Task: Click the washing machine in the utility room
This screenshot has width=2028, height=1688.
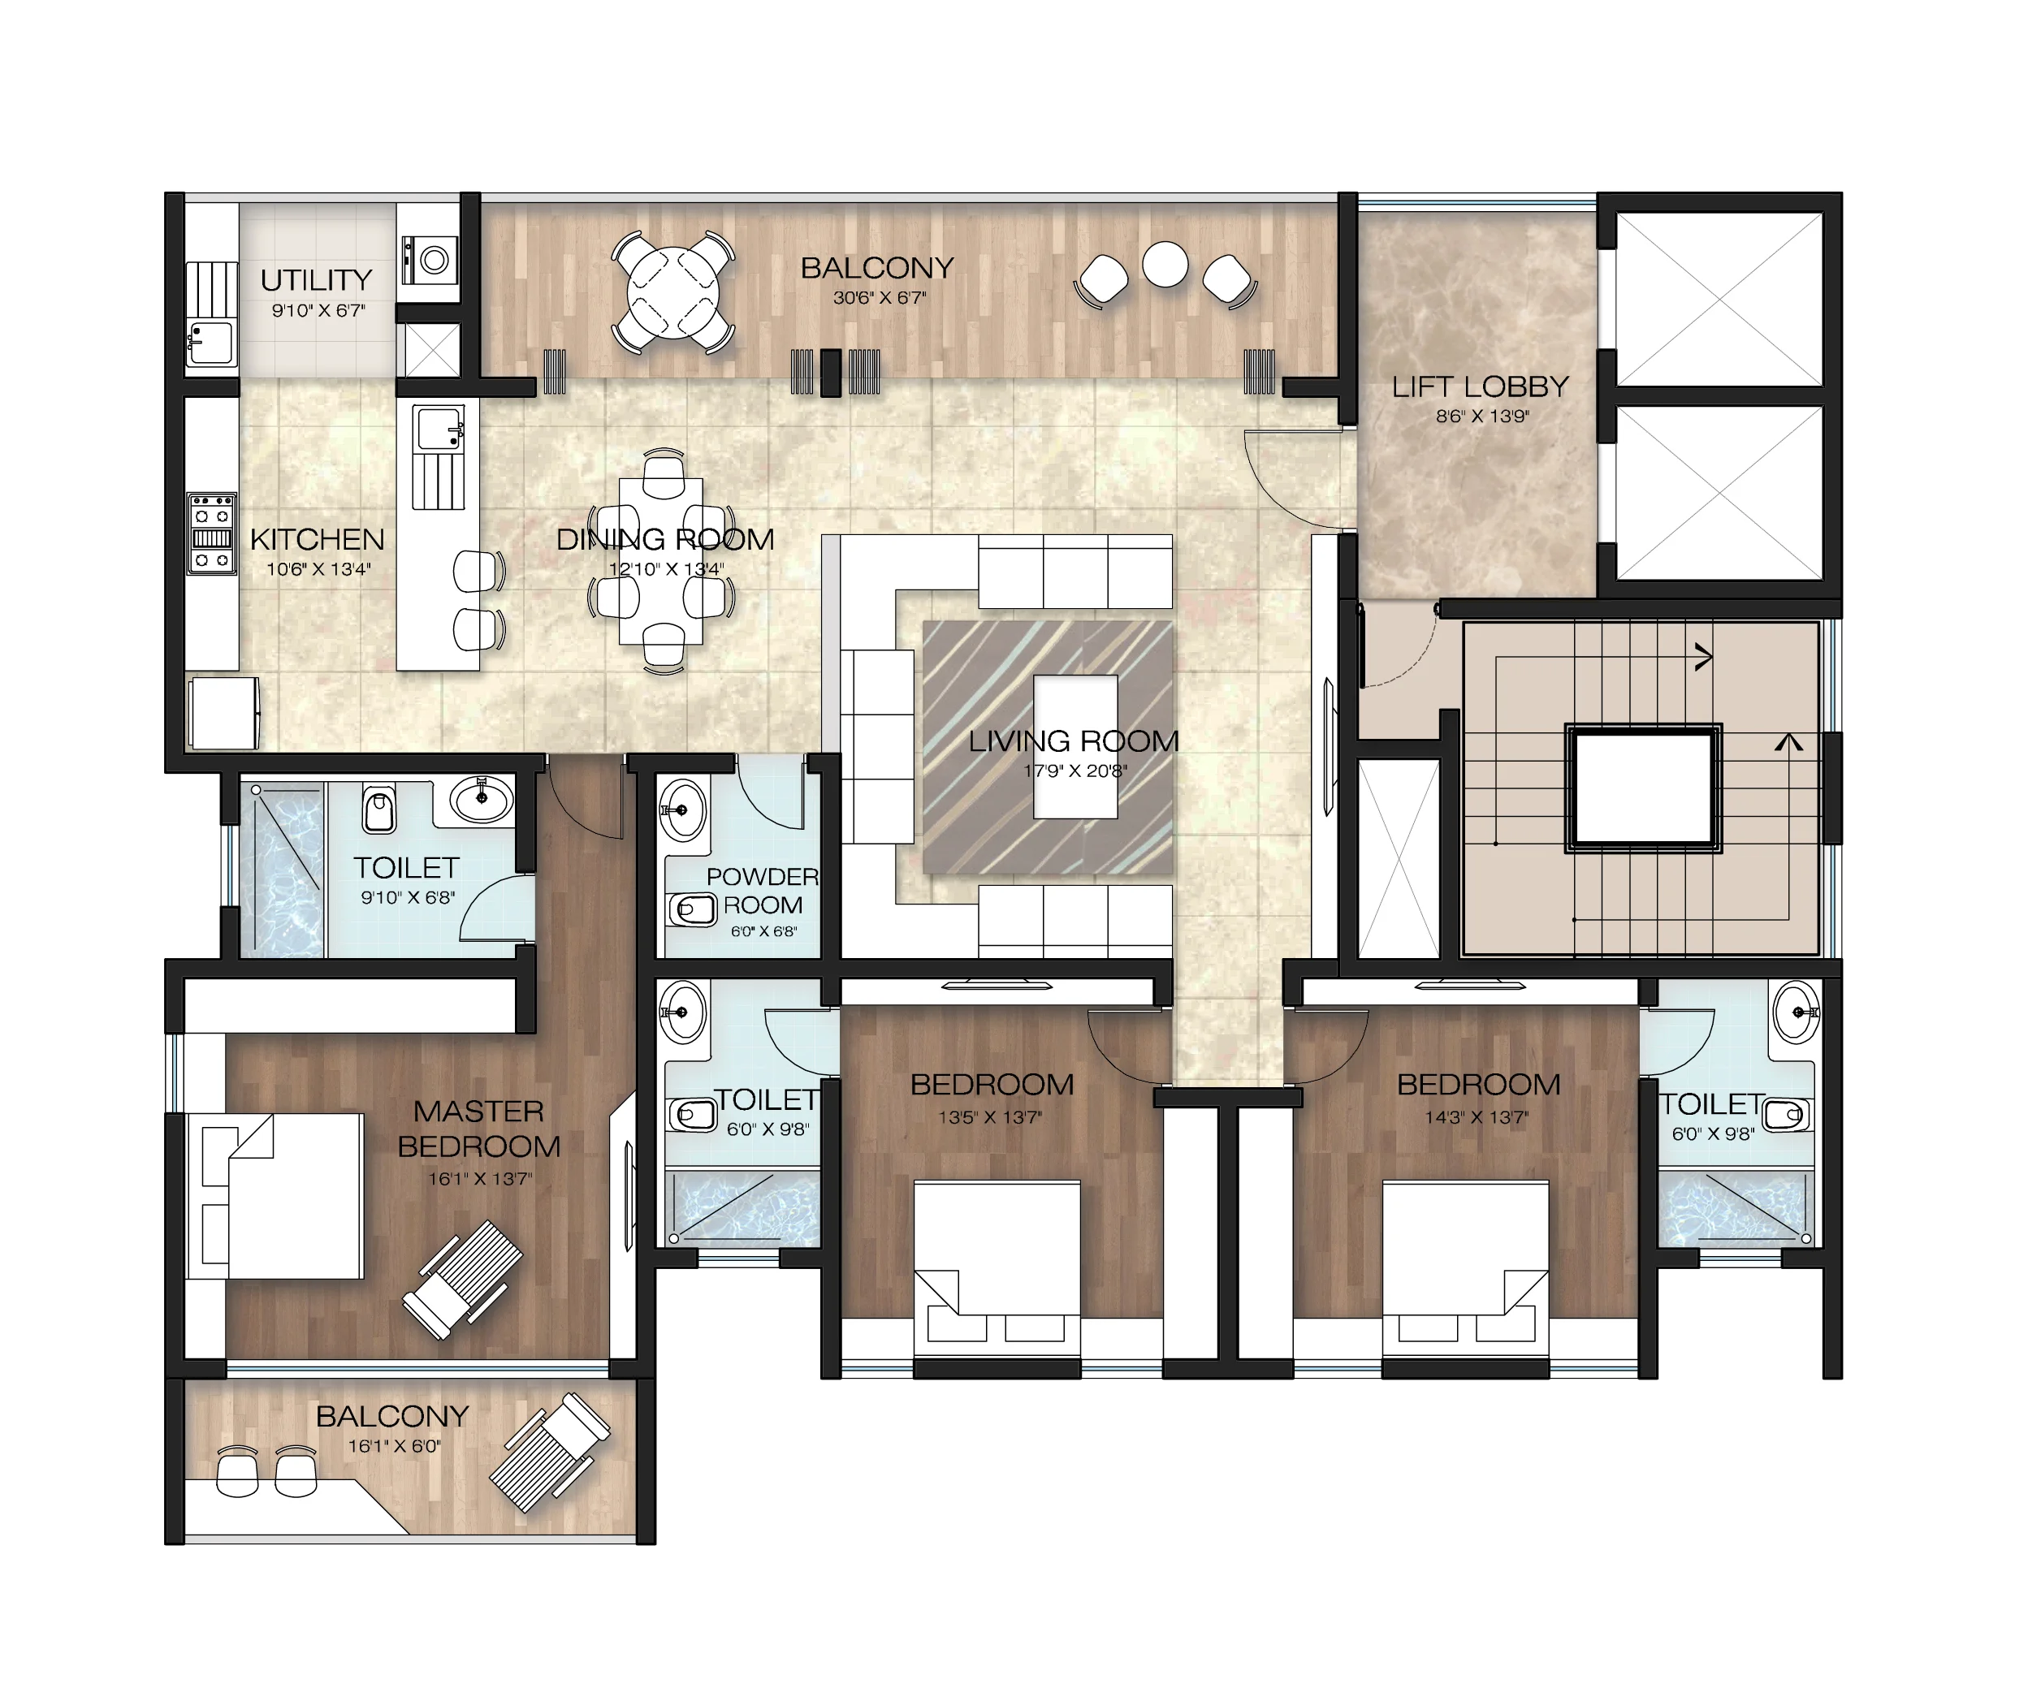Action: (430, 259)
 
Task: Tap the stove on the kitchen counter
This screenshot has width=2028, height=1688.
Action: (211, 534)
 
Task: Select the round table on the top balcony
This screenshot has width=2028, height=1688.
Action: (672, 291)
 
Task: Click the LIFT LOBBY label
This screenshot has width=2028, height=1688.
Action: (1481, 386)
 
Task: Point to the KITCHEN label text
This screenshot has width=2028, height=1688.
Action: (317, 539)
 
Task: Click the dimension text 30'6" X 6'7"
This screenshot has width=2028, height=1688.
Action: (879, 297)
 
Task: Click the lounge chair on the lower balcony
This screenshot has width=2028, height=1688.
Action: (548, 1453)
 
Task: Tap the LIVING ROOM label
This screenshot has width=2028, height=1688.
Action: (1074, 740)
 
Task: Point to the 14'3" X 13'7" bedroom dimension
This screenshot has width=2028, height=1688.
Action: (1477, 1117)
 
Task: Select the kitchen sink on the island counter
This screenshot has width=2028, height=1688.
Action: (439, 429)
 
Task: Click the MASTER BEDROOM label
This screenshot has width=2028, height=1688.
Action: (479, 1129)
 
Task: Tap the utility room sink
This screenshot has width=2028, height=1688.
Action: (210, 342)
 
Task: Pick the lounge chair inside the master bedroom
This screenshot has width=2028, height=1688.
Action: (463, 1280)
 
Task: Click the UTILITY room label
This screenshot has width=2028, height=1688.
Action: (317, 280)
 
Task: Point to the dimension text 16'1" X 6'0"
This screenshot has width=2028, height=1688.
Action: (394, 1445)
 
